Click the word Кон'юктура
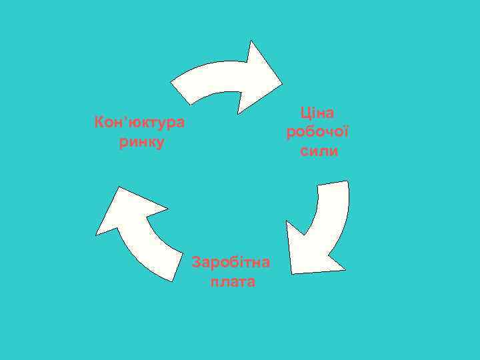coord(141,123)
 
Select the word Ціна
coord(317,112)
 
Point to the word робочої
coord(317,131)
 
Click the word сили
coord(319,151)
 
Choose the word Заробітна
coord(231,262)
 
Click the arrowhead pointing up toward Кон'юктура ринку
coord(127,210)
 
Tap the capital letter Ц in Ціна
coord(305,112)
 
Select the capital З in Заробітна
coord(196,262)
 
